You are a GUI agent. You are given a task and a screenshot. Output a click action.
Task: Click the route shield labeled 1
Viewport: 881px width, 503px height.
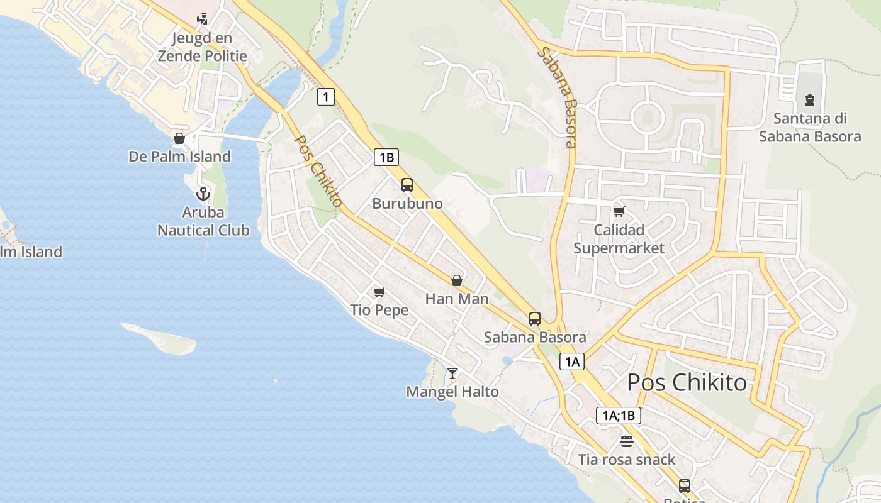pyautogui.click(x=325, y=97)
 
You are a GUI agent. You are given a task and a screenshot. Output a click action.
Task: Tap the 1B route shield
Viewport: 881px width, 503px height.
pyautogui.click(x=386, y=157)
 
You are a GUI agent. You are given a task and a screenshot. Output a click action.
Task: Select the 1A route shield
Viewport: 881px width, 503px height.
pyautogui.click(x=572, y=362)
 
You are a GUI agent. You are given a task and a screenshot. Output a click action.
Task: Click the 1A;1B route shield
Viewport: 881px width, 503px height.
pyautogui.click(x=619, y=415)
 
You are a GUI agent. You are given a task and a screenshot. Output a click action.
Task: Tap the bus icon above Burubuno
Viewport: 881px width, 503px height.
pyautogui.click(x=407, y=185)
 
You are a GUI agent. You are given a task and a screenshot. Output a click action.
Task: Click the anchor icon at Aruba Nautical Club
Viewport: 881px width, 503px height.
pyautogui.click(x=203, y=194)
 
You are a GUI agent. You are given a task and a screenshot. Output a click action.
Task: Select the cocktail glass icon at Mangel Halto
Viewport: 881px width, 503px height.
pyautogui.click(x=452, y=373)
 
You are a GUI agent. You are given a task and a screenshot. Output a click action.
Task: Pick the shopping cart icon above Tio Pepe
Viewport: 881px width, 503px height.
pyautogui.click(x=379, y=292)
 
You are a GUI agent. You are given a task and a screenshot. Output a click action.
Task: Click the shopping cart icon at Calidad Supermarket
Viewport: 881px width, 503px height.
pyautogui.click(x=619, y=211)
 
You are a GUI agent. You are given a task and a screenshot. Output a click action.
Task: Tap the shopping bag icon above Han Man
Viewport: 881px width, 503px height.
pyautogui.click(x=457, y=280)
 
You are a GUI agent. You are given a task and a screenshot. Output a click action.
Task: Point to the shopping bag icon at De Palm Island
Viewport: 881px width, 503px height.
pyautogui.click(x=179, y=138)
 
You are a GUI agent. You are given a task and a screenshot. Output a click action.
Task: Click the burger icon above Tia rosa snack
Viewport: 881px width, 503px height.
pyautogui.click(x=626, y=441)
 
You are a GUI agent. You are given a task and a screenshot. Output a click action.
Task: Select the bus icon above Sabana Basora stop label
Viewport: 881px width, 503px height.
pyautogui.click(x=535, y=319)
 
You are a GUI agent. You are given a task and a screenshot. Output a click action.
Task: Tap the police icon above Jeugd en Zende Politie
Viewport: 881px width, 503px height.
pyautogui.click(x=202, y=19)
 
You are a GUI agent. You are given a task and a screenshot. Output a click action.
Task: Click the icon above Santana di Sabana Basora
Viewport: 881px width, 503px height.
pyautogui.click(x=809, y=99)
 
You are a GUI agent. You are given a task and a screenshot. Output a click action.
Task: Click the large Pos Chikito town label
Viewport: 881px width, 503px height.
pyautogui.click(x=687, y=382)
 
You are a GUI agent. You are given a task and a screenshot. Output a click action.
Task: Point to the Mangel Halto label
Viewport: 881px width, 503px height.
pyautogui.click(x=452, y=392)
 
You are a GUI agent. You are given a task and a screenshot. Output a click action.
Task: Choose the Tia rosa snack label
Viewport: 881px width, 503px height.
pyautogui.click(x=627, y=460)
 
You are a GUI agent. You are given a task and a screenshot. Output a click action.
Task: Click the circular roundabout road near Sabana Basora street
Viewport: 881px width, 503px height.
pyautogui.click(x=648, y=118)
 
